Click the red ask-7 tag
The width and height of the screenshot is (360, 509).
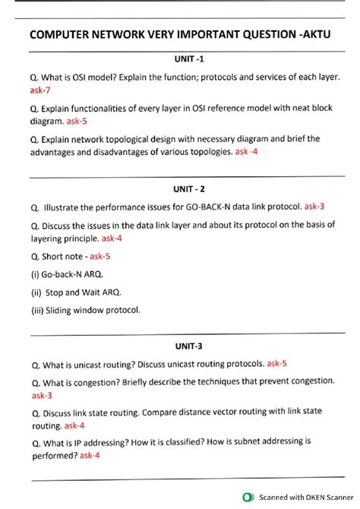41,90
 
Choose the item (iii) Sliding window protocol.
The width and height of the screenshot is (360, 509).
86,310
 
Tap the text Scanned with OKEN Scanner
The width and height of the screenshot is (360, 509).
302,498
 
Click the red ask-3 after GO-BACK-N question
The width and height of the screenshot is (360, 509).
314,207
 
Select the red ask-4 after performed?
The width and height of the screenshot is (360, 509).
90,456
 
